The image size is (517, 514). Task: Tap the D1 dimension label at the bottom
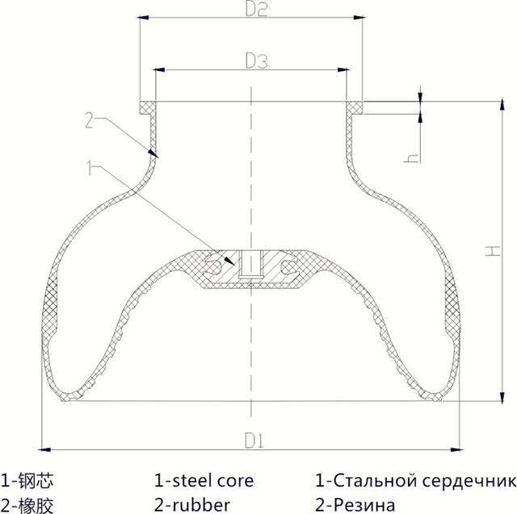[255, 441]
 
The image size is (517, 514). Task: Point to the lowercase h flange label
[411, 157]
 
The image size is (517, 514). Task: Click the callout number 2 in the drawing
[90, 121]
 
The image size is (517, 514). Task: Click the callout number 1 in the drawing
[90, 168]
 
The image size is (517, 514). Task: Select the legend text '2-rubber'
[191, 505]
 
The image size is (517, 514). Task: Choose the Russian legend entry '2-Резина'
[355, 505]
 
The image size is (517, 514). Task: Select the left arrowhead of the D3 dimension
[159, 70]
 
